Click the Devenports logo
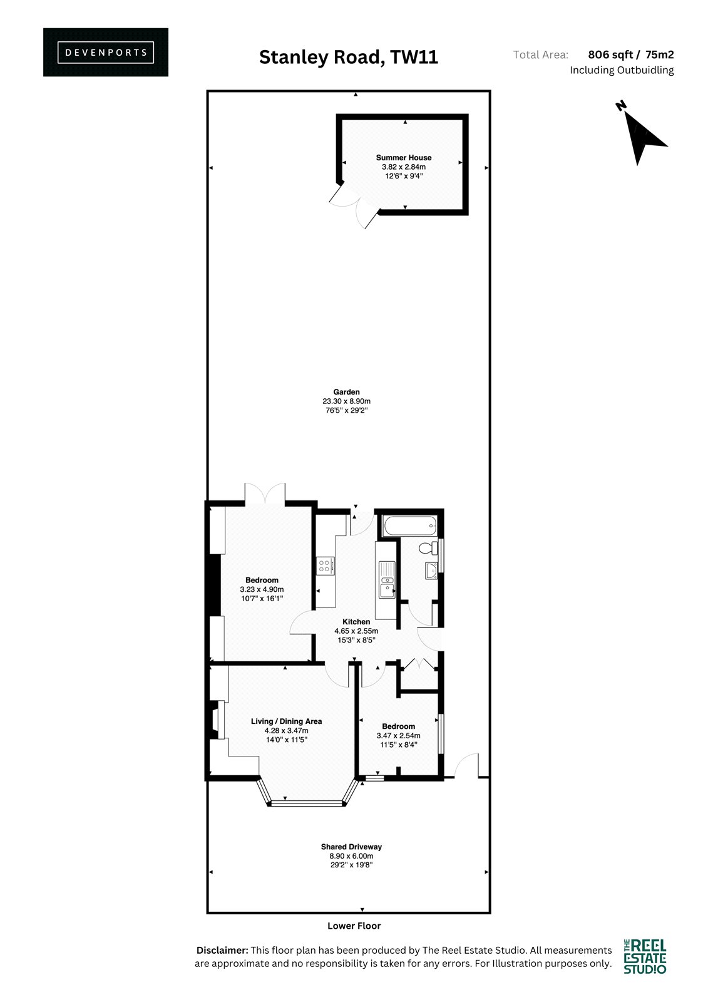tap(106, 53)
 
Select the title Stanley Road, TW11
tap(349, 57)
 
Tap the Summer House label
tap(403, 157)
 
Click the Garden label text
tap(346, 392)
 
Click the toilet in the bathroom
tap(429, 547)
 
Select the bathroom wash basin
tap(431, 571)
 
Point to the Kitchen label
tap(356, 621)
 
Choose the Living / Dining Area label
tap(286, 721)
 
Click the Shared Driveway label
tap(351, 847)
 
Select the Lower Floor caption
tap(354, 926)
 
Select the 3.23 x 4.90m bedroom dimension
tap(262, 589)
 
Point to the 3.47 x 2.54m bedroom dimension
tap(398, 736)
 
